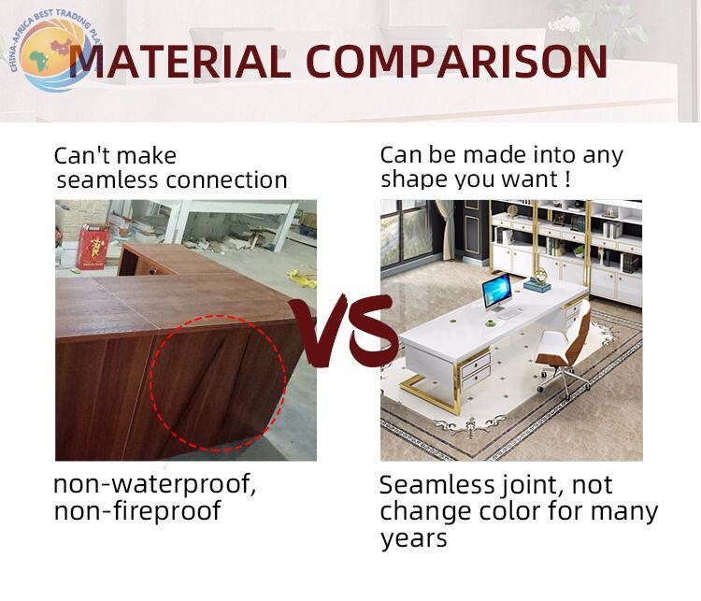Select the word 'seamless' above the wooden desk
(107, 180)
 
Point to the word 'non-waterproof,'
(154, 484)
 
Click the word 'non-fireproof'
(137, 511)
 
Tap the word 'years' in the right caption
(413, 538)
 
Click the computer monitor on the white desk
(496, 291)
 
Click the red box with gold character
(93, 248)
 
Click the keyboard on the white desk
(508, 314)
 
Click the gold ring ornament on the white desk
(541, 274)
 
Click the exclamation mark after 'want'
(567, 179)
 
